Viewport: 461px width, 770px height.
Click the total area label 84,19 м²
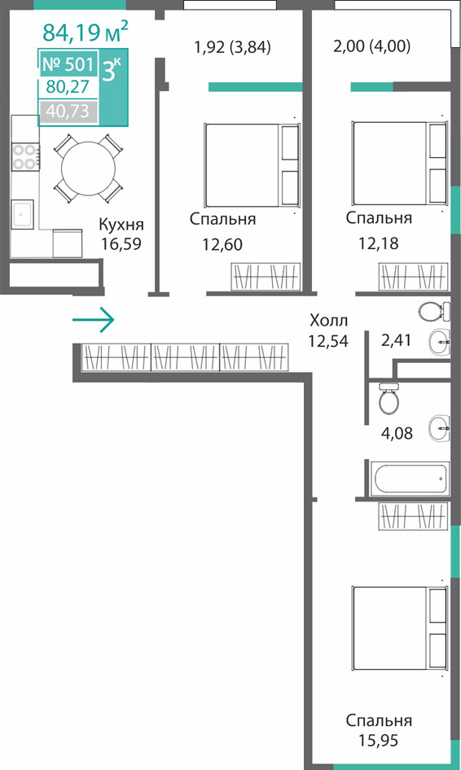tap(86, 32)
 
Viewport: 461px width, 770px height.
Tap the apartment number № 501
tap(68, 63)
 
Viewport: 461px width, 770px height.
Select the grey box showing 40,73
tap(68, 112)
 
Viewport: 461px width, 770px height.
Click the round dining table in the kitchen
tap(89, 168)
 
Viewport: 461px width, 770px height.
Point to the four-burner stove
tap(25, 156)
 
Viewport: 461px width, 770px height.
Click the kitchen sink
tap(23, 214)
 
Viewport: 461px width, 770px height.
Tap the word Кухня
tap(121, 225)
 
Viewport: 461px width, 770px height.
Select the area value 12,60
tap(222, 243)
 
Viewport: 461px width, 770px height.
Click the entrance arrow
tap(94, 320)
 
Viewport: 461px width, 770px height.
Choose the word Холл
tap(329, 321)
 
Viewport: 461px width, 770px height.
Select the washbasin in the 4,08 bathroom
tap(439, 428)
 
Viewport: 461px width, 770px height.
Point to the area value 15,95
tap(379, 740)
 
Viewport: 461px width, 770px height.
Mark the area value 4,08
tap(397, 433)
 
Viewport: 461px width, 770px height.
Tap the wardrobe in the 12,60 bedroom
tap(266, 277)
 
